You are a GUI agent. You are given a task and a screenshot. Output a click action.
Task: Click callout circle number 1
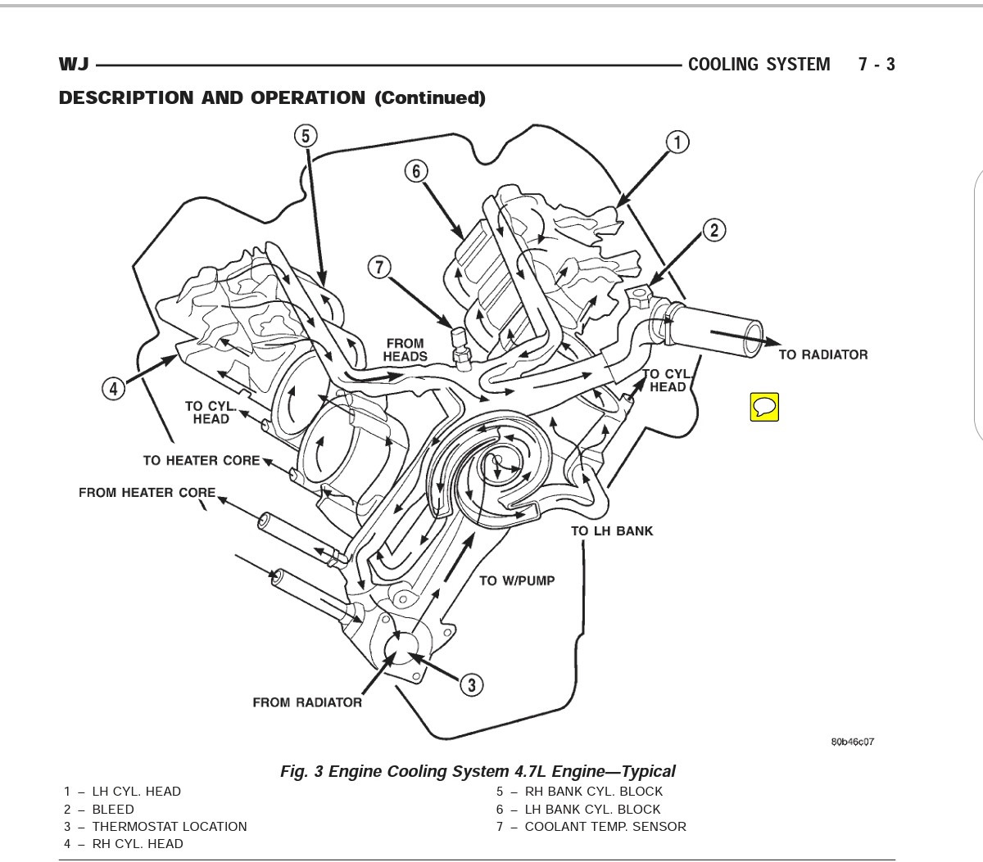pos(677,142)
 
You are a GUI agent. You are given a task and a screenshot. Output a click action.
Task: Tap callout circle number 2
pos(713,230)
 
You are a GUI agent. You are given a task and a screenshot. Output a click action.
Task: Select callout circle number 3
pos(471,684)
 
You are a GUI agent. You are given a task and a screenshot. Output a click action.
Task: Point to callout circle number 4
pos(113,388)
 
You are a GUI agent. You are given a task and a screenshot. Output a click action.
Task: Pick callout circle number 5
pos(305,136)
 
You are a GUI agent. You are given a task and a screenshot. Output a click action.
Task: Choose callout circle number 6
pos(416,171)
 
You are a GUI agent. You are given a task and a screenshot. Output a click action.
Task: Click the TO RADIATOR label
pos(822,354)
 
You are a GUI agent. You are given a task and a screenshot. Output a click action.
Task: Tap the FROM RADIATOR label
pos(307,702)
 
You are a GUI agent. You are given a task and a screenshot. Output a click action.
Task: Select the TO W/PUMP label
pos(517,580)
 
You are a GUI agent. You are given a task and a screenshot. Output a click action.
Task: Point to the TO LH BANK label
pos(612,530)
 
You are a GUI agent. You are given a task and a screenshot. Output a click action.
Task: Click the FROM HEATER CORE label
pos(147,493)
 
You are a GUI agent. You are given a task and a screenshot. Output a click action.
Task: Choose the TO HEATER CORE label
pos(202,460)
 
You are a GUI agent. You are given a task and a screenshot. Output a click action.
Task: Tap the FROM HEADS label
pos(405,350)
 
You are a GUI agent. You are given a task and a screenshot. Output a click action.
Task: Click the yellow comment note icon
pos(763,406)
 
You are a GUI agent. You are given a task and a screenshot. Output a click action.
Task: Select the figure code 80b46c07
pos(852,742)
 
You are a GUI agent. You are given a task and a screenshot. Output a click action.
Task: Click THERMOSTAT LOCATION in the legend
pos(170,826)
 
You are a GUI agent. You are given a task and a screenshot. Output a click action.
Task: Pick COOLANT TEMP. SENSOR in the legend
pos(605,826)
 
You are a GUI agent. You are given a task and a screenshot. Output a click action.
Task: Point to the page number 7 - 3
pos(877,65)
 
